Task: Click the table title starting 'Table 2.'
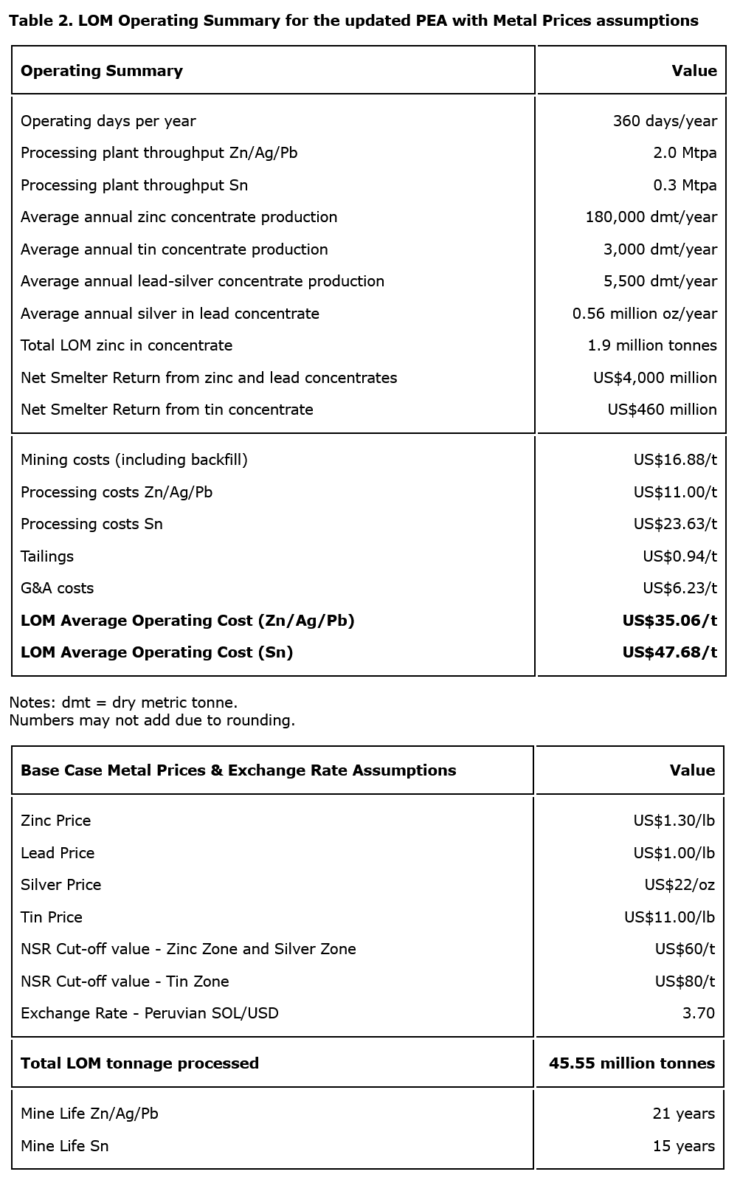click(x=353, y=21)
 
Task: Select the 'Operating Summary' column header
click(x=102, y=71)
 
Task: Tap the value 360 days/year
click(x=665, y=121)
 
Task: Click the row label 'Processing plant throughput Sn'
click(x=134, y=185)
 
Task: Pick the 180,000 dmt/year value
click(x=651, y=217)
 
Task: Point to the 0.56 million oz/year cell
click(x=644, y=314)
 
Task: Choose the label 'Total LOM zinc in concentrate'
click(x=126, y=345)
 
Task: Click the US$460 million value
click(x=662, y=410)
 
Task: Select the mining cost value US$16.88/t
click(x=675, y=460)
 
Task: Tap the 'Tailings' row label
click(x=47, y=556)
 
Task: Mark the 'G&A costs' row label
click(x=58, y=588)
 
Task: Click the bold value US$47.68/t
click(x=669, y=652)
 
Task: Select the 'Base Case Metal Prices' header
click(x=238, y=770)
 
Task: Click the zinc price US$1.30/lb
click(x=674, y=821)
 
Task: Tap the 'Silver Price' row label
click(x=61, y=885)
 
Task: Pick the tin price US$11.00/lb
click(x=669, y=917)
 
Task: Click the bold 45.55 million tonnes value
click(x=632, y=1063)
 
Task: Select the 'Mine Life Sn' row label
click(x=65, y=1146)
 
